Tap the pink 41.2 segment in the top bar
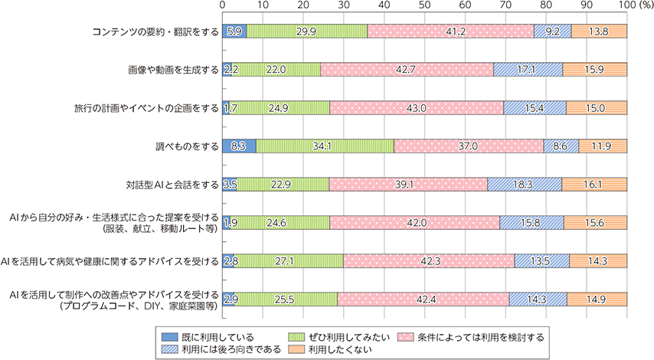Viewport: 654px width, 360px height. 450,31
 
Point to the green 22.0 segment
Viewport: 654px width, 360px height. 276,70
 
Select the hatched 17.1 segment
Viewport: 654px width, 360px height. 528,70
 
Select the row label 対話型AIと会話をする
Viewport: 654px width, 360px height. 170,184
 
